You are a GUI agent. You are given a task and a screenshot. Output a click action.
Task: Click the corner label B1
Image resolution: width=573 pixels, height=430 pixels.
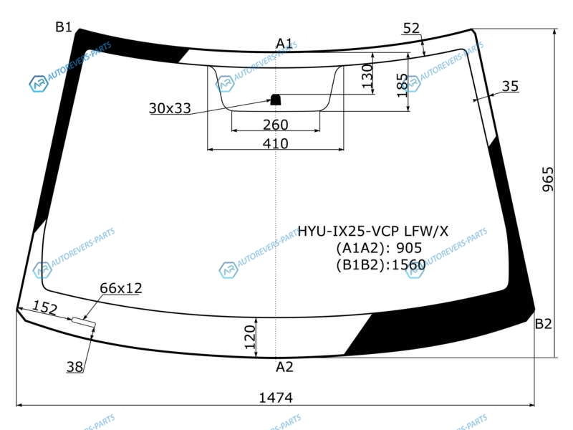point(64,27)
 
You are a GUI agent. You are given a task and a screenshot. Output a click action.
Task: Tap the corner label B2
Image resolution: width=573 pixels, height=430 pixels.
point(543,324)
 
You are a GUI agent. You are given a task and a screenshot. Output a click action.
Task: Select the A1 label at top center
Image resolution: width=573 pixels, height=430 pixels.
point(284,44)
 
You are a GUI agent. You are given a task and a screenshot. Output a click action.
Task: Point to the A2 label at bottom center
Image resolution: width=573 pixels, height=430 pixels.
point(284,367)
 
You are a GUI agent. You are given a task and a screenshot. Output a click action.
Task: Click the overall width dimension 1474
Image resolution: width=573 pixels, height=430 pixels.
point(276,398)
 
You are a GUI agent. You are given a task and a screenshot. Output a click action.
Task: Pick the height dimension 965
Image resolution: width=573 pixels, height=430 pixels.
point(548,179)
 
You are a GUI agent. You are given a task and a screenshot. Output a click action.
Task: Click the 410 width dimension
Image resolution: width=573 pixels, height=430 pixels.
point(276,143)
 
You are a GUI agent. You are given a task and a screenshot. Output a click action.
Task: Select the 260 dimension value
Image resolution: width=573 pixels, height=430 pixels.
point(276,125)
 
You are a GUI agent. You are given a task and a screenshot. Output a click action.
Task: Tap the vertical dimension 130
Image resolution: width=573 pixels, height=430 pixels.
point(367,76)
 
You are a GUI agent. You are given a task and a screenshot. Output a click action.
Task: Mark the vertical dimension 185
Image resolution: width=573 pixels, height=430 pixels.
point(402,85)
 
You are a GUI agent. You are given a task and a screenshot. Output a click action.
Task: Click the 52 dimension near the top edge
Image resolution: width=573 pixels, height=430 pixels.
point(411,28)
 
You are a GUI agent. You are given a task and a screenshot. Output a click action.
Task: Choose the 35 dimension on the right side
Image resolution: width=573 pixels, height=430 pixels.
point(510,86)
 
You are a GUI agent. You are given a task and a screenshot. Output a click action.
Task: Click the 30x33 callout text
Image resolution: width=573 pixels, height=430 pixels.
point(170,108)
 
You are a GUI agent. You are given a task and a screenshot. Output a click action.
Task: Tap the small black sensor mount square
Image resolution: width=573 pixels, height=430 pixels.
point(275,100)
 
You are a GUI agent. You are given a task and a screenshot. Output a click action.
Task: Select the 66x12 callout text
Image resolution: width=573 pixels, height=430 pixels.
point(121,288)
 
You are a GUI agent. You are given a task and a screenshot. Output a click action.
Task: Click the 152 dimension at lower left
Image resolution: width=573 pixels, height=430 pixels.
point(45,307)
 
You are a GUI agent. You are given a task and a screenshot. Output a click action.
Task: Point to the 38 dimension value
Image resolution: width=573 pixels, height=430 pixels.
point(74,366)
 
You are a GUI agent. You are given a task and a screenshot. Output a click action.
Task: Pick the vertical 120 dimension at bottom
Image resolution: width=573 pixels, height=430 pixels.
point(249,337)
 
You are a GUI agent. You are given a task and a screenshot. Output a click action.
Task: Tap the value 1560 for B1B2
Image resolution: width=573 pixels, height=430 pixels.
point(408,264)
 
